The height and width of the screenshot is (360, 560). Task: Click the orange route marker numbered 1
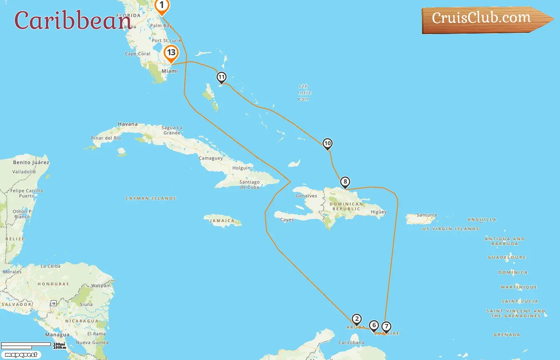click(162, 6)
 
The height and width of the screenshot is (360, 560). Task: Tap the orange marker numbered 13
click(171, 52)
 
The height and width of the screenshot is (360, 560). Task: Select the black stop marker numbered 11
click(221, 77)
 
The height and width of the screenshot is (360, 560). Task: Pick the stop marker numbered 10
click(327, 144)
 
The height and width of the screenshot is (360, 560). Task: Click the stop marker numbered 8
click(345, 182)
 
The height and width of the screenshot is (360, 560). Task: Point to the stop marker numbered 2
click(356, 319)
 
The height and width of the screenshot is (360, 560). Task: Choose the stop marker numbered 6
click(374, 326)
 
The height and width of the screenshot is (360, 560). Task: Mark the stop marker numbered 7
click(386, 327)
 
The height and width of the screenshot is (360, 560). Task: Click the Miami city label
click(170, 71)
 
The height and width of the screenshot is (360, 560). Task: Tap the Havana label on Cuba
click(128, 124)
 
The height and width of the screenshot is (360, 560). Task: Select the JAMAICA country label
click(222, 221)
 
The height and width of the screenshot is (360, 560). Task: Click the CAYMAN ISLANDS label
click(151, 198)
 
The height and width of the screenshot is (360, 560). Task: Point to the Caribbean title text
click(72, 20)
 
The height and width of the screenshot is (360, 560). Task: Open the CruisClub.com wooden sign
click(482, 18)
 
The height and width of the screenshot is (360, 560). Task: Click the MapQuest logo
click(21, 355)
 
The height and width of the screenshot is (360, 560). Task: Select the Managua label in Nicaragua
click(57, 335)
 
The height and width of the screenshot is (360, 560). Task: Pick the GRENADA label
click(507, 335)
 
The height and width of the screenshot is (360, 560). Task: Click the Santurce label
click(427, 215)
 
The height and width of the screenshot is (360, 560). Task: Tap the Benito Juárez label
click(31, 162)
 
